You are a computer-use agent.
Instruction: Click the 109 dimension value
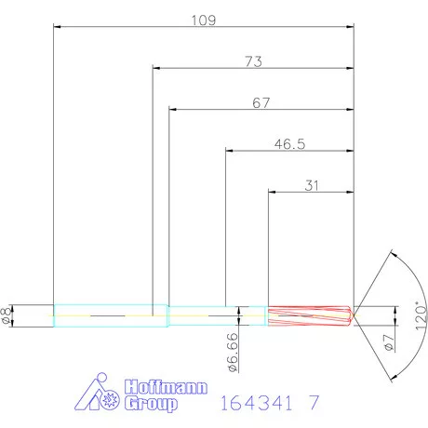point(204,20)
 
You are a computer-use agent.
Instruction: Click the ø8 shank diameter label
point(7,316)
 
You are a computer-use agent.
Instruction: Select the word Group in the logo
point(150,405)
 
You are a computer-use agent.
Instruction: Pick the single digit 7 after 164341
point(314,405)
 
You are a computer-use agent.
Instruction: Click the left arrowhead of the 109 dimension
point(59,28)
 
